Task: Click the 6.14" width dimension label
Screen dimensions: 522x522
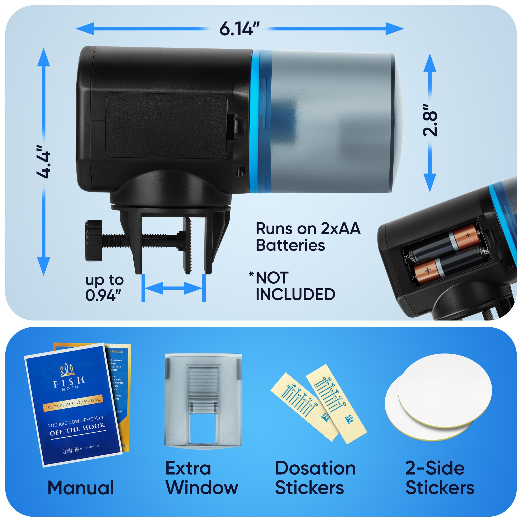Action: click(239, 29)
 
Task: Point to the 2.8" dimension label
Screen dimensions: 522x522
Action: click(430, 120)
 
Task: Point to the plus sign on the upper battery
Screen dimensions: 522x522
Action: click(468, 235)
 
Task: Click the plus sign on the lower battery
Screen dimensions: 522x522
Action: click(428, 270)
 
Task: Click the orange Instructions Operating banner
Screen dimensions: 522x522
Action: click(73, 403)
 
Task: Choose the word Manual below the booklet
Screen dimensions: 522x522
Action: click(81, 488)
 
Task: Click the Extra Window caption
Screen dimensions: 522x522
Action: click(201, 478)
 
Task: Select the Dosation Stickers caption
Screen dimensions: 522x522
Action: click(315, 478)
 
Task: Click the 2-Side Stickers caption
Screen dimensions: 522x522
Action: click(440, 478)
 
